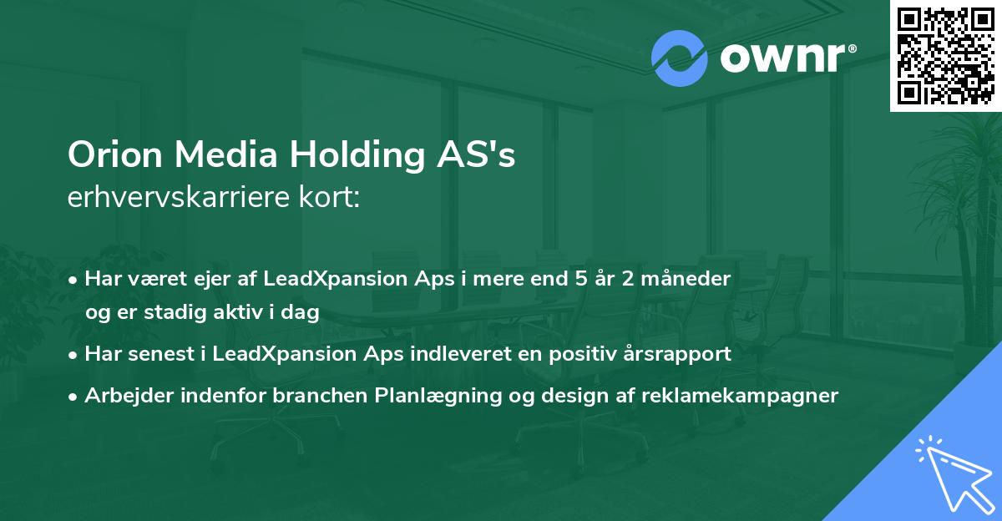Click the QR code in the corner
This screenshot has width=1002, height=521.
pos(946,56)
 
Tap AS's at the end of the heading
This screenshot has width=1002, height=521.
pos(483,156)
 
